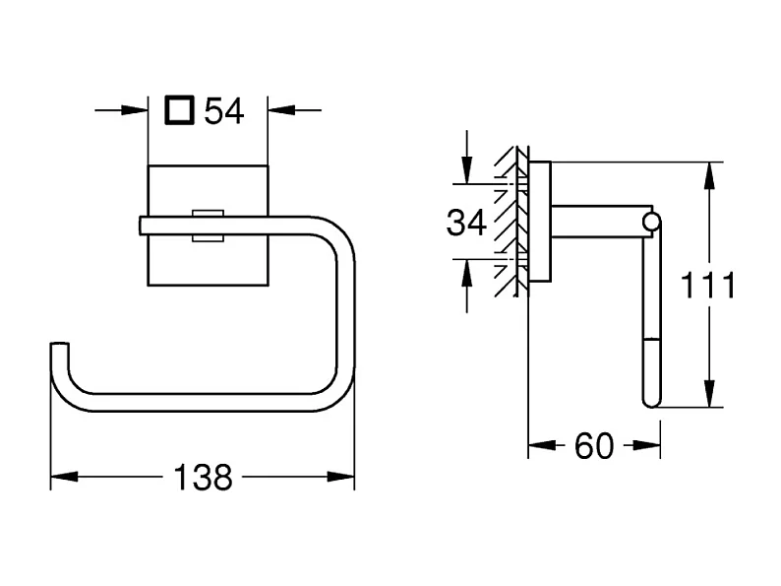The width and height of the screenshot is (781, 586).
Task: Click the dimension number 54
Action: pyautogui.click(x=224, y=111)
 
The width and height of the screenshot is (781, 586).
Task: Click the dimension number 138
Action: pyautogui.click(x=203, y=478)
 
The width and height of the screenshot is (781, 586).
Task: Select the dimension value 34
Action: pyautogui.click(x=466, y=223)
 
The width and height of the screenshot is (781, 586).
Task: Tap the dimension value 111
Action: pyautogui.click(x=708, y=286)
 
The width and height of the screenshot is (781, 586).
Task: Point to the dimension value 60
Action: pyautogui.click(x=594, y=446)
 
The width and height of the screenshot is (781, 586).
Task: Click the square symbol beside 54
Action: pyautogui.click(x=179, y=109)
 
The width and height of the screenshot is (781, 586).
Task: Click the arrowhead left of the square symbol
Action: pyautogui.click(x=135, y=110)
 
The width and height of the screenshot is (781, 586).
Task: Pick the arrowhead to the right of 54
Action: pyautogui.click(x=281, y=110)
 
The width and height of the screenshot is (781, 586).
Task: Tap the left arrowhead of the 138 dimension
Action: pyautogui.click(x=64, y=477)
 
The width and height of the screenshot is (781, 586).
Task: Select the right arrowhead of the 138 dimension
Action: pyautogui.click(x=341, y=477)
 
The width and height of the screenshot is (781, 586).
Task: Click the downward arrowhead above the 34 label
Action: pyautogui.click(x=466, y=170)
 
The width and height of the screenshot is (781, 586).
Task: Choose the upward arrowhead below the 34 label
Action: pyautogui.click(x=466, y=273)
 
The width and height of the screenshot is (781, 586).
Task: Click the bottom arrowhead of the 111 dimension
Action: pyautogui.click(x=710, y=394)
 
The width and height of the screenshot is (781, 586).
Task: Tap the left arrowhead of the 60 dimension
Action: pyautogui.click(x=542, y=445)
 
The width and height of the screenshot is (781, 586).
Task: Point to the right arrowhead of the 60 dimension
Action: pyautogui.click(x=647, y=445)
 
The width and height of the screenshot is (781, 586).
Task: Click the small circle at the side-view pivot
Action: pyautogui.click(x=651, y=222)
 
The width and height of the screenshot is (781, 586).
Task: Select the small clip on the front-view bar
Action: pyautogui.click(x=209, y=226)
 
